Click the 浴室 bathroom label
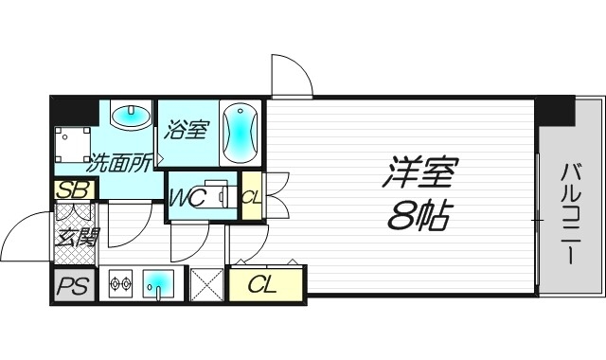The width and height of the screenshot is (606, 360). click(x=186, y=130)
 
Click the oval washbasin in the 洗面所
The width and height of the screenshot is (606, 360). click(x=131, y=117)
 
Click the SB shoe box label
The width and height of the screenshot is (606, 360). click(x=73, y=189)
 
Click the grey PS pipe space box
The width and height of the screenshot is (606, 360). click(x=73, y=285)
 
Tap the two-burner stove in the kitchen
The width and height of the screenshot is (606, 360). click(x=120, y=283)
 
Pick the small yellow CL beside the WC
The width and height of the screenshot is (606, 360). click(x=251, y=196)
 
